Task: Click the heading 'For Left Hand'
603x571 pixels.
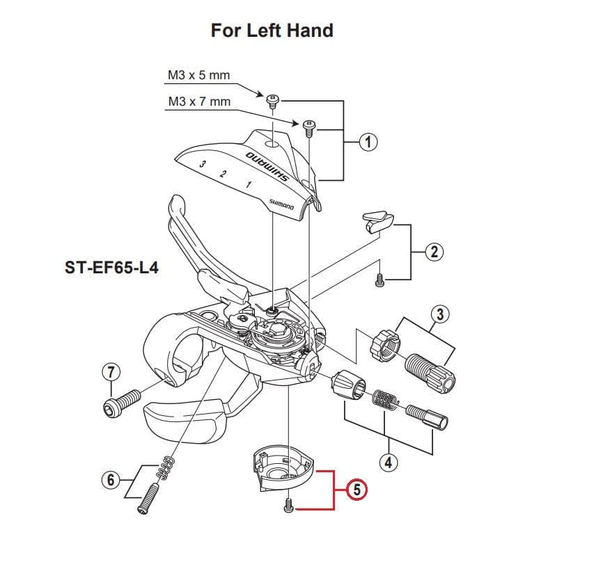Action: click(272, 31)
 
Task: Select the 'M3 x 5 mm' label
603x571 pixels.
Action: click(198, 74)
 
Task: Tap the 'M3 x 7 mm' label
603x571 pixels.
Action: click(198, 102)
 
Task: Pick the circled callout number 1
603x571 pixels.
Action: click(368, 143)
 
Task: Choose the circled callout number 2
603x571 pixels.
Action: click(434, 252)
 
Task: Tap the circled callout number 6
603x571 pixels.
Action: click(108, 480)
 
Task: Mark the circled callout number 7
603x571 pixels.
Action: click(109, 371)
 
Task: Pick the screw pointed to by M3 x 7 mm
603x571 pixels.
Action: click(308, 127)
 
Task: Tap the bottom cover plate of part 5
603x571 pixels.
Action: click(281, 472)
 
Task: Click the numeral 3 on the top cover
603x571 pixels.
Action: click(202, 164)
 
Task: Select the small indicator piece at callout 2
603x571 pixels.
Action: click(376, 220)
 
